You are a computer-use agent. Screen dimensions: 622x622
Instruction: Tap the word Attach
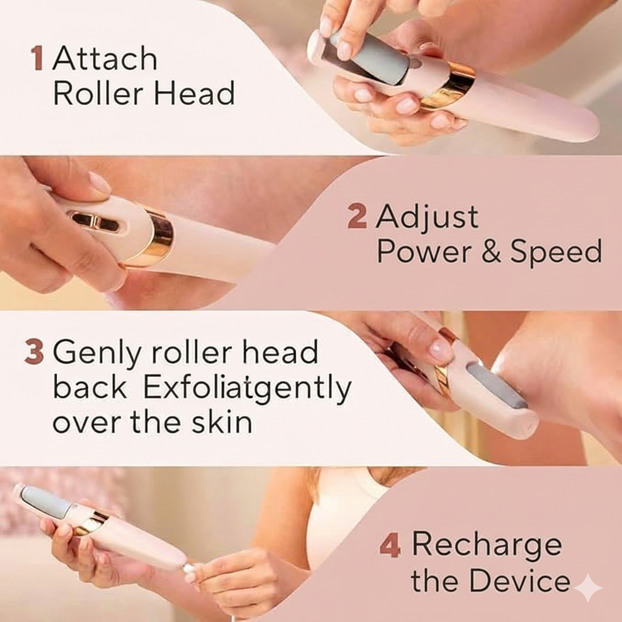pos(105,59)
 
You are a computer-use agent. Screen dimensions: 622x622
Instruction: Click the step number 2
pos(357,217)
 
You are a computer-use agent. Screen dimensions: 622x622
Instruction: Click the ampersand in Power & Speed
pos(491,252)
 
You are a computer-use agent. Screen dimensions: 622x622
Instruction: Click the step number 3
pos(34,353)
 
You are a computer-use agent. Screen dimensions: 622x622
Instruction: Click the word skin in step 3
pos(222,423)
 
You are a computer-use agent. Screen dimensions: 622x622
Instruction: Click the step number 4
pos(390,545)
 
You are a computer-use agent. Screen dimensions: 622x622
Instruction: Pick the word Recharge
pos(487,545)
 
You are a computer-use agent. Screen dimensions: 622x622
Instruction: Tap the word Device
pos(521,581)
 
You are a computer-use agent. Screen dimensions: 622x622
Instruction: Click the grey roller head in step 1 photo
pos(377,58)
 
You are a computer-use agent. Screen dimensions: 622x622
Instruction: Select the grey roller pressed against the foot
pos(497,385)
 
